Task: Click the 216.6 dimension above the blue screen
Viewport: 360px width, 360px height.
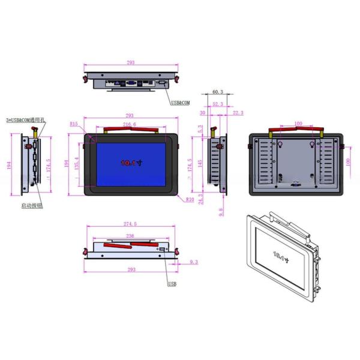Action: (130, 124)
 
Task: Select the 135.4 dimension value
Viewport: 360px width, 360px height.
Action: (76, 163)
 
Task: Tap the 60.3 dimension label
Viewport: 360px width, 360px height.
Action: (218, 92)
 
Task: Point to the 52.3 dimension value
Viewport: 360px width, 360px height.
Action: (218, 103)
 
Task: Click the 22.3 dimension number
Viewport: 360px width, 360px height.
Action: (238, 112)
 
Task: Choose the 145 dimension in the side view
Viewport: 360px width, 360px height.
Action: (200, 163)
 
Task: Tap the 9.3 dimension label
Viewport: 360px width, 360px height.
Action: (193, 262)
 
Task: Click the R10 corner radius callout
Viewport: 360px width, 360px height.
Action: (190, 199)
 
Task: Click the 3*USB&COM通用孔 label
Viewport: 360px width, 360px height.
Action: (26, 120)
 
